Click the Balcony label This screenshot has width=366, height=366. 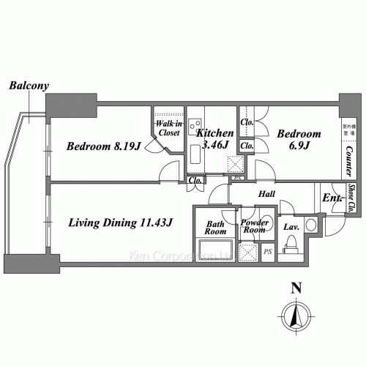point(29,86)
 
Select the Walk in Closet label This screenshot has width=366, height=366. point(170,129)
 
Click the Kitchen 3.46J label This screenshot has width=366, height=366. point(215,139)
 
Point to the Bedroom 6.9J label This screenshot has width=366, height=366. point(298,139)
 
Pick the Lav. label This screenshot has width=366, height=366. point(291,226)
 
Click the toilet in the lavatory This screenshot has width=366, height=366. point(310,225)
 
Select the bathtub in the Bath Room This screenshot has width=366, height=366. point(215,249)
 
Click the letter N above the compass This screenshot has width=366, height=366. point(296,288)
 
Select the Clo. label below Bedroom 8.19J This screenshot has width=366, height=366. point(195,181)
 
